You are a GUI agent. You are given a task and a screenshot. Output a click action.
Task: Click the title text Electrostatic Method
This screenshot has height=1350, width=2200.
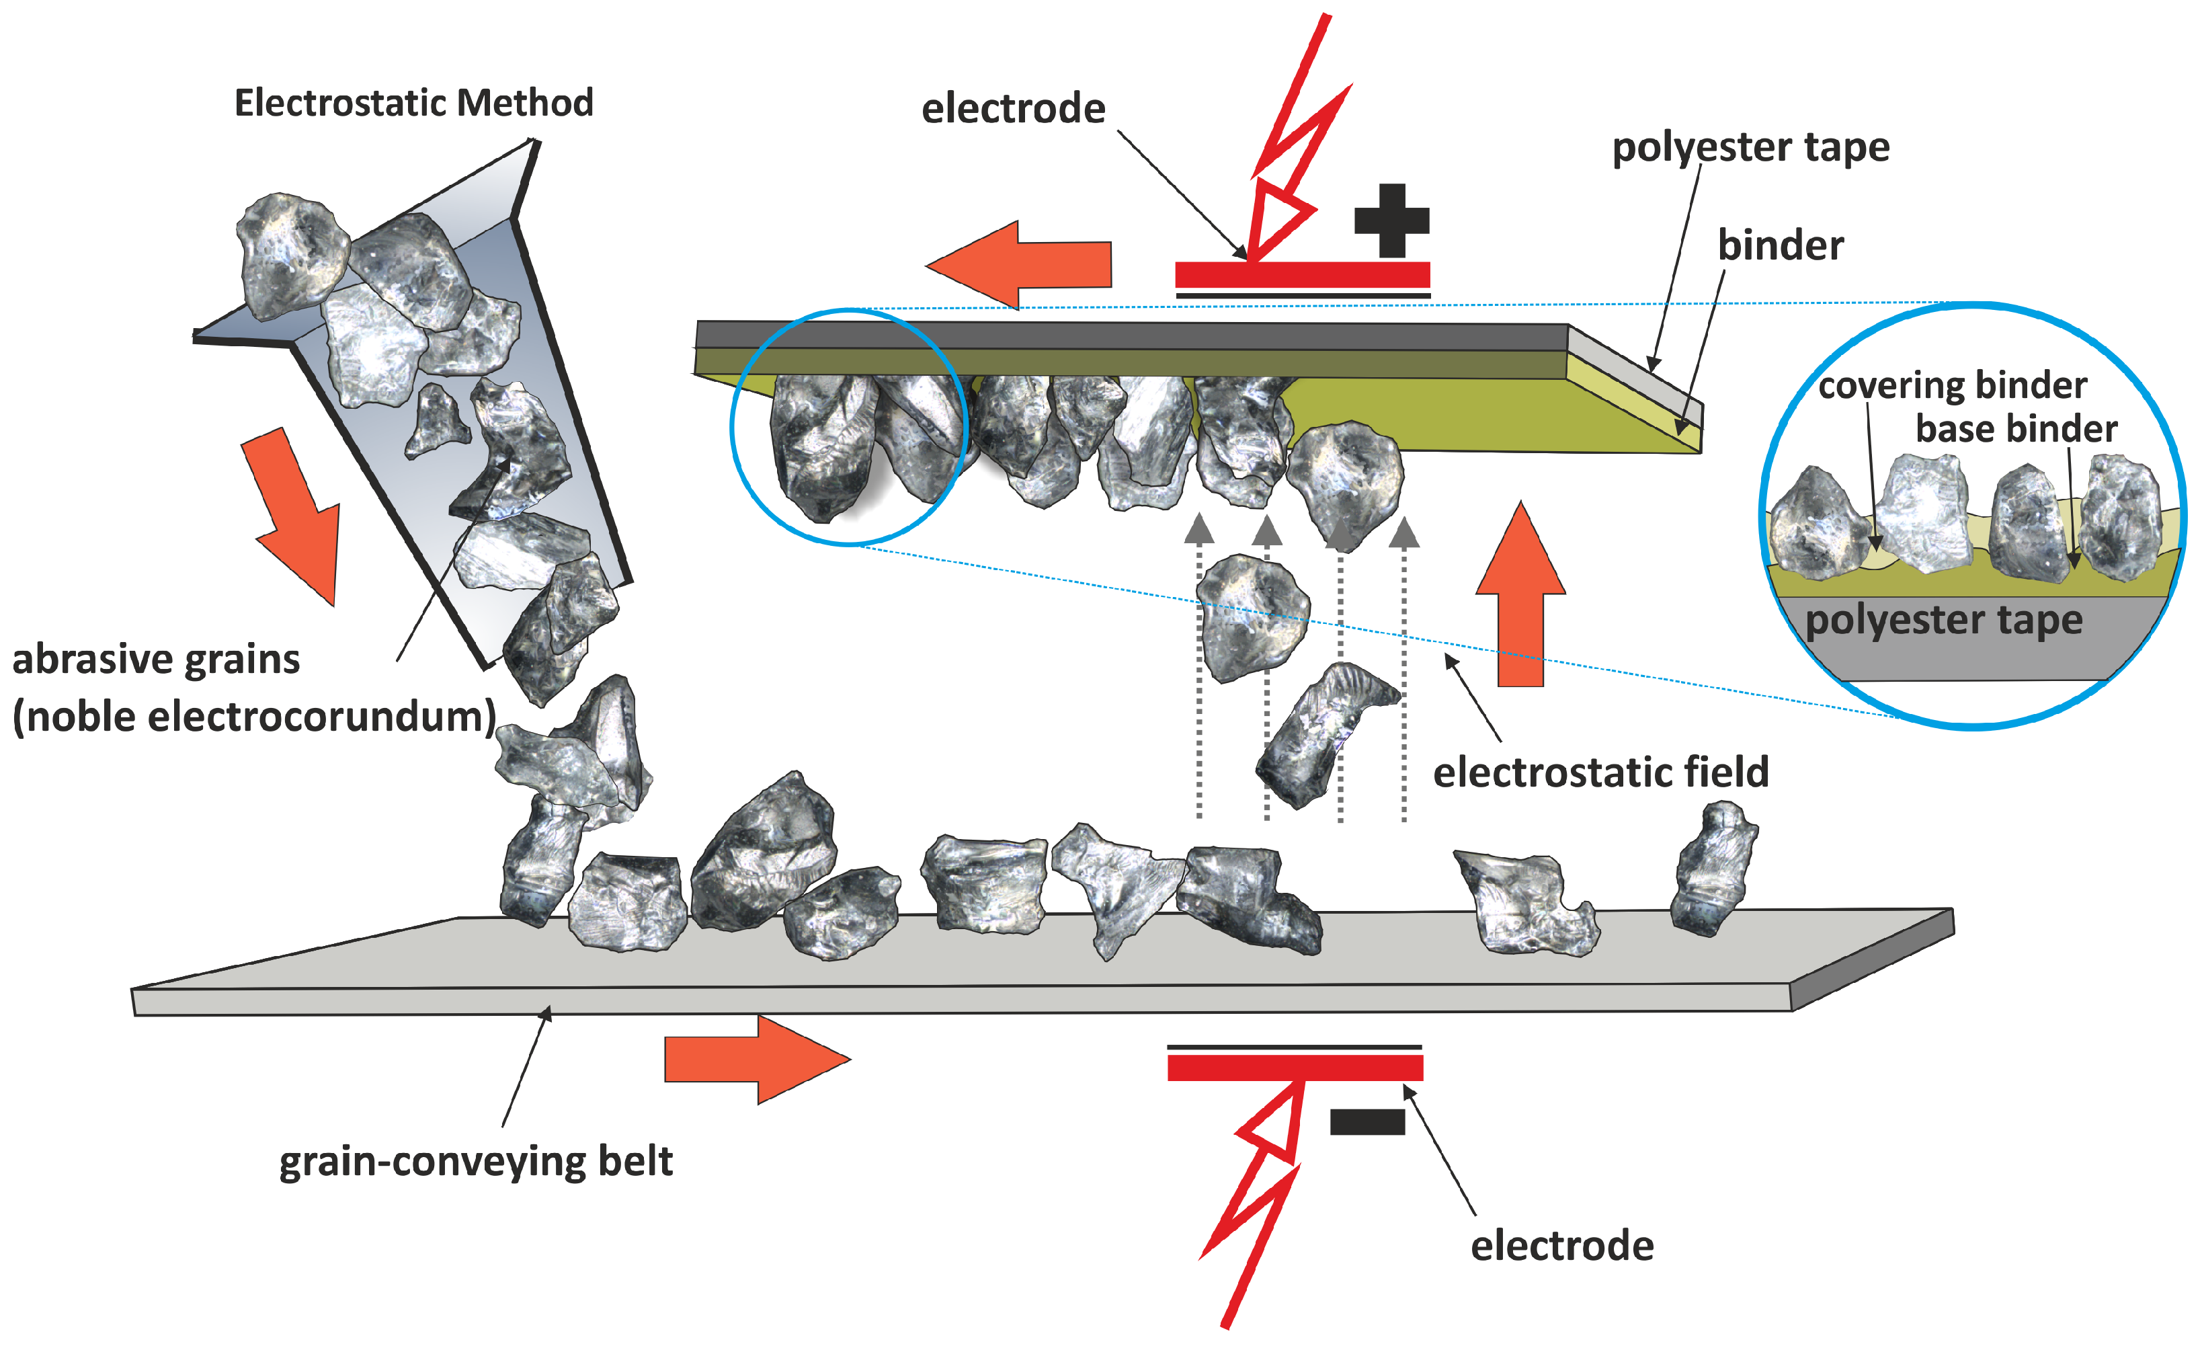(413, 104)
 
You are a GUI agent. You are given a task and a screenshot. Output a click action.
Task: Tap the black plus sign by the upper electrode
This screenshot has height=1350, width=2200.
(1391, 221)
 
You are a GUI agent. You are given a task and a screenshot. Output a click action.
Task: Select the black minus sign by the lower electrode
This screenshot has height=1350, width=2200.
(1367, 1121)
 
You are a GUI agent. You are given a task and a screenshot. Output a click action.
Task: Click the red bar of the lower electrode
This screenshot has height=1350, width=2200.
(1295, 1068)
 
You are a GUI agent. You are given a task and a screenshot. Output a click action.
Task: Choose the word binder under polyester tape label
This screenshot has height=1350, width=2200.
(1781, 245)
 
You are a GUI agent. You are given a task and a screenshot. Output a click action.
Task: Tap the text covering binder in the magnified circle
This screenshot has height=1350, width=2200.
(1952, 386)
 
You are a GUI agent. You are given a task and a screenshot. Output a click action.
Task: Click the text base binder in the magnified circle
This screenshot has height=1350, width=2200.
(2016, 430)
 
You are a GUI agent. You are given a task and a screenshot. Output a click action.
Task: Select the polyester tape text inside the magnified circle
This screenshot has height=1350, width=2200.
(1943, 620)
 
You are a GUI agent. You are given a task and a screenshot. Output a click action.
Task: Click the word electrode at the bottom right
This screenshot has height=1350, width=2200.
(1561, 1246)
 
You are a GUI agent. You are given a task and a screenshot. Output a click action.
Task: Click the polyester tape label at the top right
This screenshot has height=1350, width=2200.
(1750, 147)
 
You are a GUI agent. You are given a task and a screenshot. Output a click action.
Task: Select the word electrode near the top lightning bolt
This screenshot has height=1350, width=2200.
(1014, 109)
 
